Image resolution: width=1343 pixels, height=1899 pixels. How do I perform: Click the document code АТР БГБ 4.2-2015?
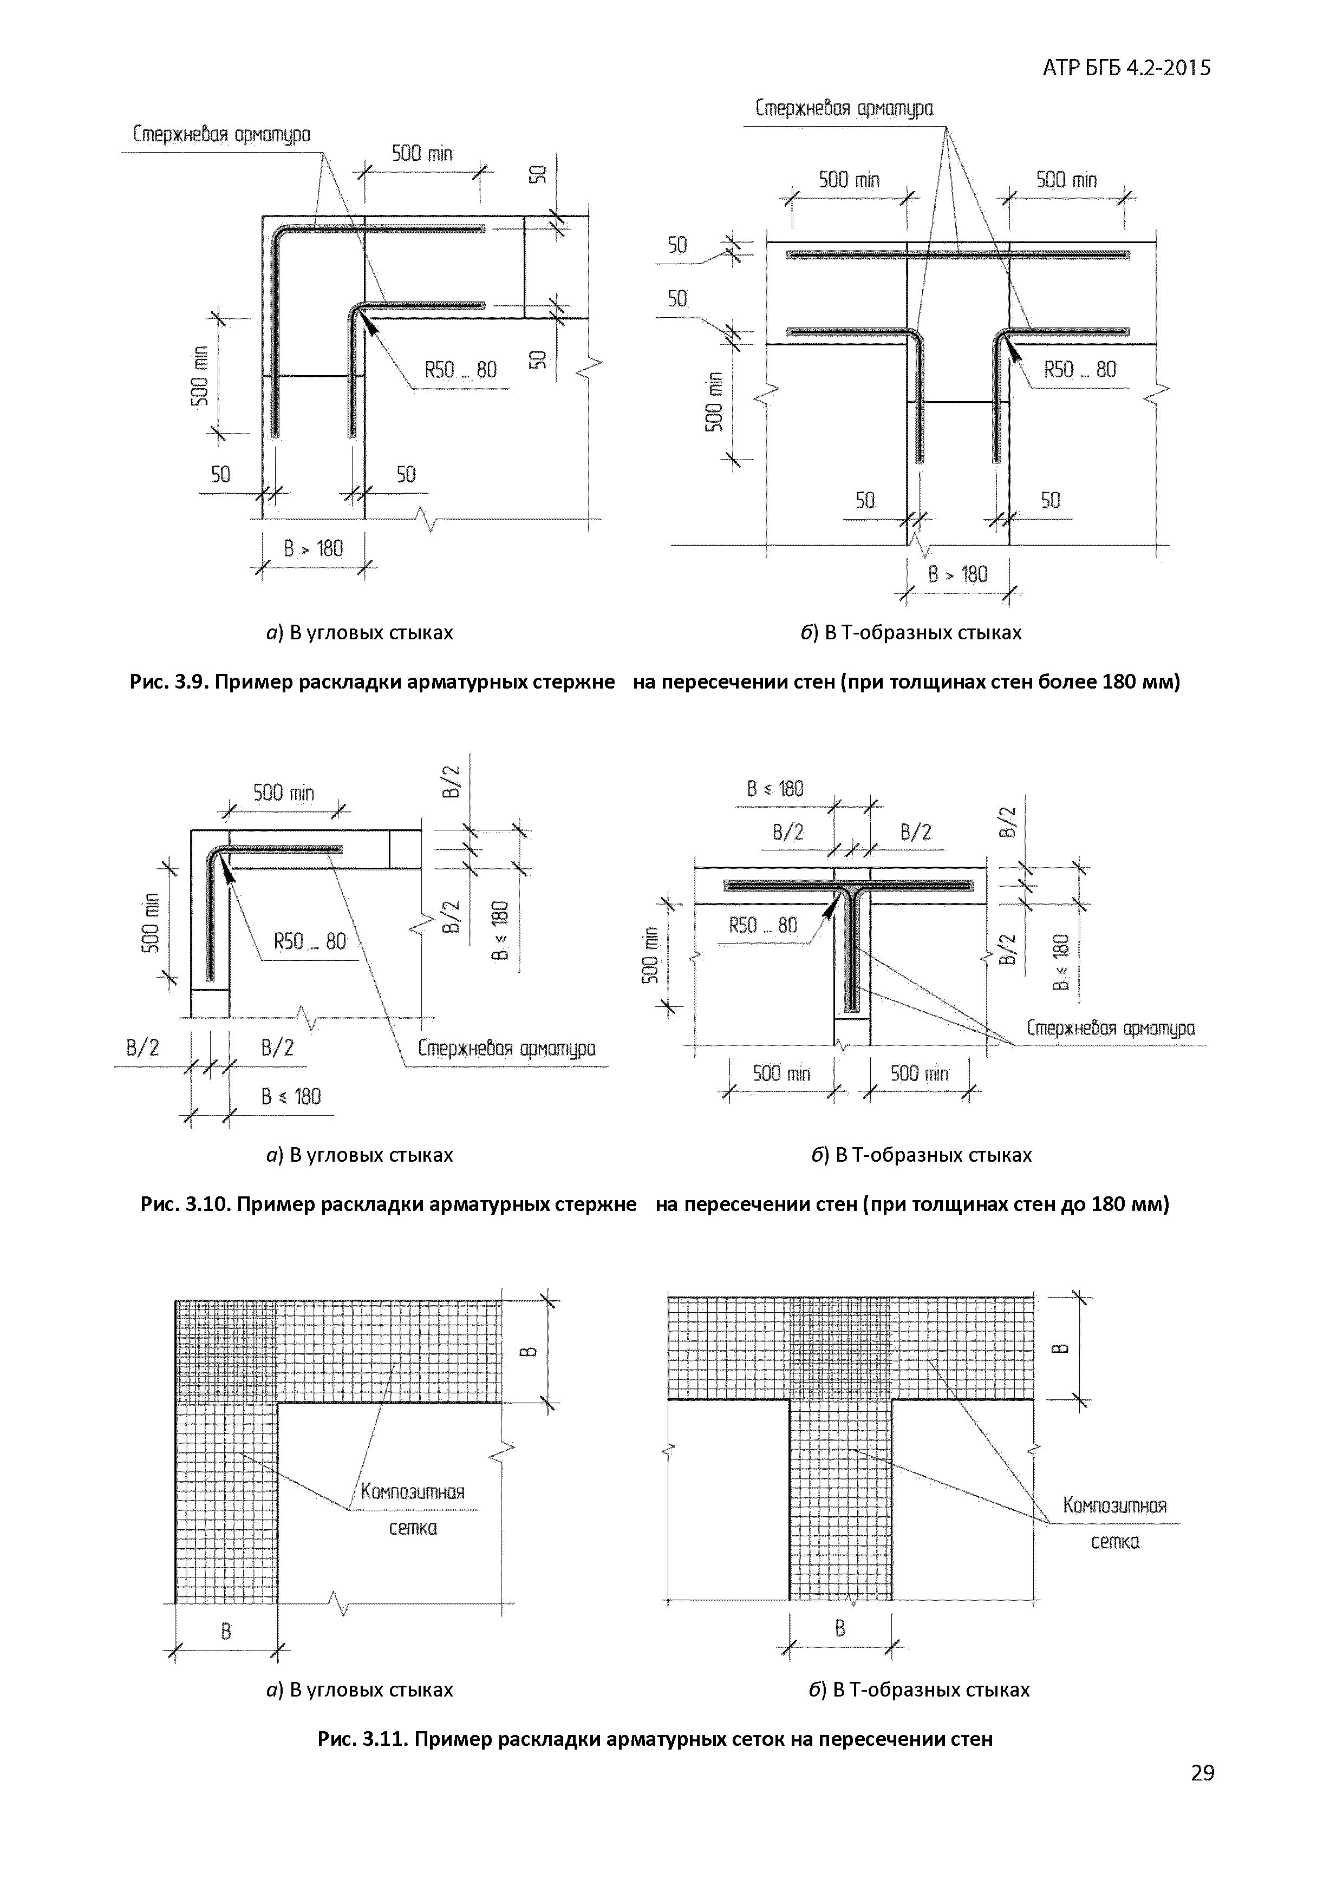coord(1126,68)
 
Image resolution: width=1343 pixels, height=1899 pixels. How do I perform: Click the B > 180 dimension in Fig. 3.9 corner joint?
coord(313,548)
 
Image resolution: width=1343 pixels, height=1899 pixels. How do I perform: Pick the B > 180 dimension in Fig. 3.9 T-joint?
coord(957,574)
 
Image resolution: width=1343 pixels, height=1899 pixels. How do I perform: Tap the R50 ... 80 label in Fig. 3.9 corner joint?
coord(461,370)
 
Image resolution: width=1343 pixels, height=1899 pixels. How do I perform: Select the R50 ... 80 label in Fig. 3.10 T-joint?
coord(763,925)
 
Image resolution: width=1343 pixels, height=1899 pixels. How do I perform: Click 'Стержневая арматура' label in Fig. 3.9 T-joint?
coord(844,108)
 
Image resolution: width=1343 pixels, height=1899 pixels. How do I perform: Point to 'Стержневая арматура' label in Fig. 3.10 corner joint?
coord(506,1049)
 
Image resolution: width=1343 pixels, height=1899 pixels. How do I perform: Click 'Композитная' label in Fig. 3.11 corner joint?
coord(412,1492)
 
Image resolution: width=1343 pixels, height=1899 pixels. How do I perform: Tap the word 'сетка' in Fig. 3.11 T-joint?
coord(1114,1542)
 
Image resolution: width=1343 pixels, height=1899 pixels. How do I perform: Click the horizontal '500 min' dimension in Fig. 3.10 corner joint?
coord(283,793)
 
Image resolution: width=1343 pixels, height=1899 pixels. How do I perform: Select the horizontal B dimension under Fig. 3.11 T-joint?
coord(840,1628)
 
